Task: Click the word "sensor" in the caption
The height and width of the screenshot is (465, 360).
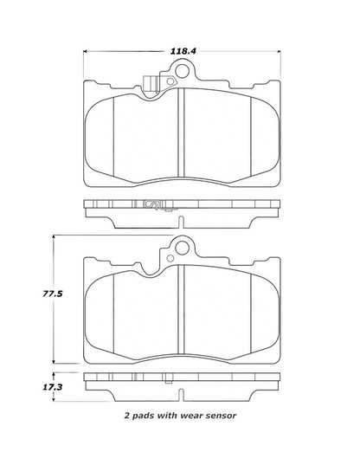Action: [218, 415]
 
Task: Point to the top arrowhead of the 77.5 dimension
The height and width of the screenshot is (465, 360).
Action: [57, 236]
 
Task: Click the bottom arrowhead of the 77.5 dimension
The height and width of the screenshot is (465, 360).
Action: [57, 364]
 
